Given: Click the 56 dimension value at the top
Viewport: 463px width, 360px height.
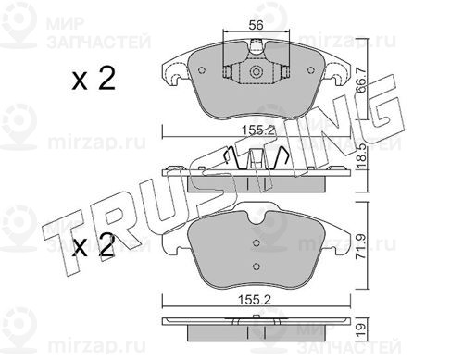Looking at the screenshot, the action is pyautogui.click(x=256, y=25).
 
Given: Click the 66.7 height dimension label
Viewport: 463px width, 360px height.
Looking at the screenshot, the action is pyautogui.click(x=361, y=80).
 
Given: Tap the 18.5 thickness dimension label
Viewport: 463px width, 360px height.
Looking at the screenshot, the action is pyautogui.click(x=362, y=156).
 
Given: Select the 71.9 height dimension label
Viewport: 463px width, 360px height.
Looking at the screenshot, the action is pyautogui.click(x=362, y=246).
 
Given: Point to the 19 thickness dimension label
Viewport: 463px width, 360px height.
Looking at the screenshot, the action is pyautogui.click(x=362, y=330).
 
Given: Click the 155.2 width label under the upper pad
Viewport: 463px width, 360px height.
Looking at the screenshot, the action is pyautogui.click(x=257, y=130).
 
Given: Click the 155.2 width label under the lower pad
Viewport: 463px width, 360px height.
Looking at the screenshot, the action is pyautogui.click(x=255, y=300).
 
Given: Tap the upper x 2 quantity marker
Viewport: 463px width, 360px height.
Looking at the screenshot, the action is pyautogui.click(x=94, y=79).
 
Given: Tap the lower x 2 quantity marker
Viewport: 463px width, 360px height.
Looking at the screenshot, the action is pyautogui.click(x=94, y=246).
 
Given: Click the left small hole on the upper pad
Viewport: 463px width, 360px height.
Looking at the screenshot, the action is pyautogui.click(x=202, y=70).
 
